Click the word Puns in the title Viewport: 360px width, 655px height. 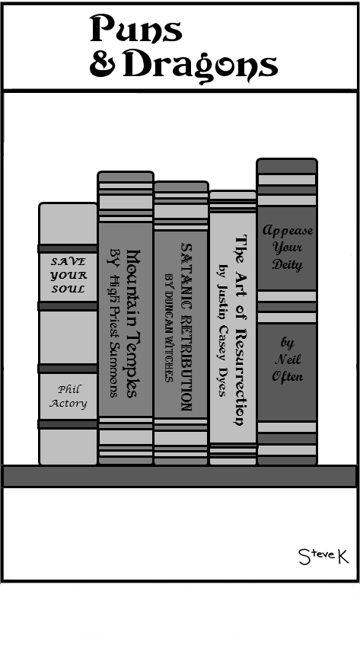click(x=136, y=28)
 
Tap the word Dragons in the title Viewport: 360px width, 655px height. click(x=201, y=65)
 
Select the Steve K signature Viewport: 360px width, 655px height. click(x=323, y=557)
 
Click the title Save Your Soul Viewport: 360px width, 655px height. click(x=68, y=275)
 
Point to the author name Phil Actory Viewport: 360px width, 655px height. click(x=68, y=396)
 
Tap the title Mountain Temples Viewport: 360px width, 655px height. click(x=133, y=324)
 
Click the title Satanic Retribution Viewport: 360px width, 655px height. click(x=186, y=327)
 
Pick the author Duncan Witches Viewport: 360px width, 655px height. click(x=169, y=328)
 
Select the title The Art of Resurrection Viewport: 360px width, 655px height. click(x=241, y=330)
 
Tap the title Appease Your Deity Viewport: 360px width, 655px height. click(x=288, y=248)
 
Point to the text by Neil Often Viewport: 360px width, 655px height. click(x=288, y=359)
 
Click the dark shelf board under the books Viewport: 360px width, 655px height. click(x=180, y=476)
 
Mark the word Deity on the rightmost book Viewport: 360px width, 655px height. click(x=288, y=265)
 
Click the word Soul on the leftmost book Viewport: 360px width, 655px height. click(x=68, y=289)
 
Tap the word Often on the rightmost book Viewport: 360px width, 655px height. click(x=288, y=376)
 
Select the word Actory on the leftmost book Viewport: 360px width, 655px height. click(x=68, y=404)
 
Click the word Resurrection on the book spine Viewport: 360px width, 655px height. click(x=241, y=377)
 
